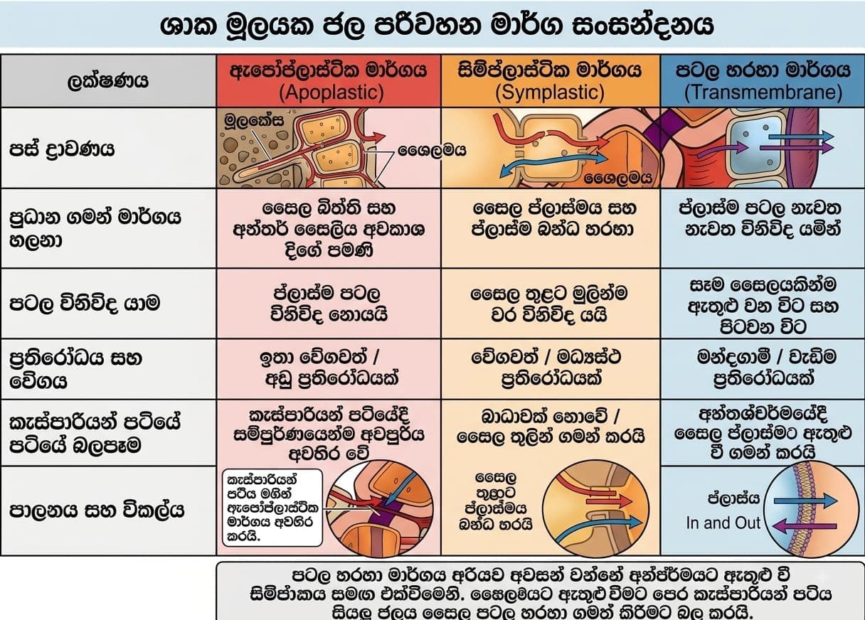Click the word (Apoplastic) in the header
331,92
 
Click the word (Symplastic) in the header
550,92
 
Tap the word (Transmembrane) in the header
763,92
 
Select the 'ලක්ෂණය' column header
107,80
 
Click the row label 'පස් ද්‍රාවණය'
62,149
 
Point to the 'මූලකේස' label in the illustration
254,120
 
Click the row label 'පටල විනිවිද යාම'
84,304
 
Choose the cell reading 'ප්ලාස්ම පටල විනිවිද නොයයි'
329,304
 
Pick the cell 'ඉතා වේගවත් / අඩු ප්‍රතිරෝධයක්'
329,368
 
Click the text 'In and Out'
723,523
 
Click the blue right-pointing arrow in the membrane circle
805,501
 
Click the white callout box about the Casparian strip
272,508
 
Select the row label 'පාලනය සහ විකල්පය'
97,511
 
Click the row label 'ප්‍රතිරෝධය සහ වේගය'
75,370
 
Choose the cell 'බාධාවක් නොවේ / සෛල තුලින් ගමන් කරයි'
551,427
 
